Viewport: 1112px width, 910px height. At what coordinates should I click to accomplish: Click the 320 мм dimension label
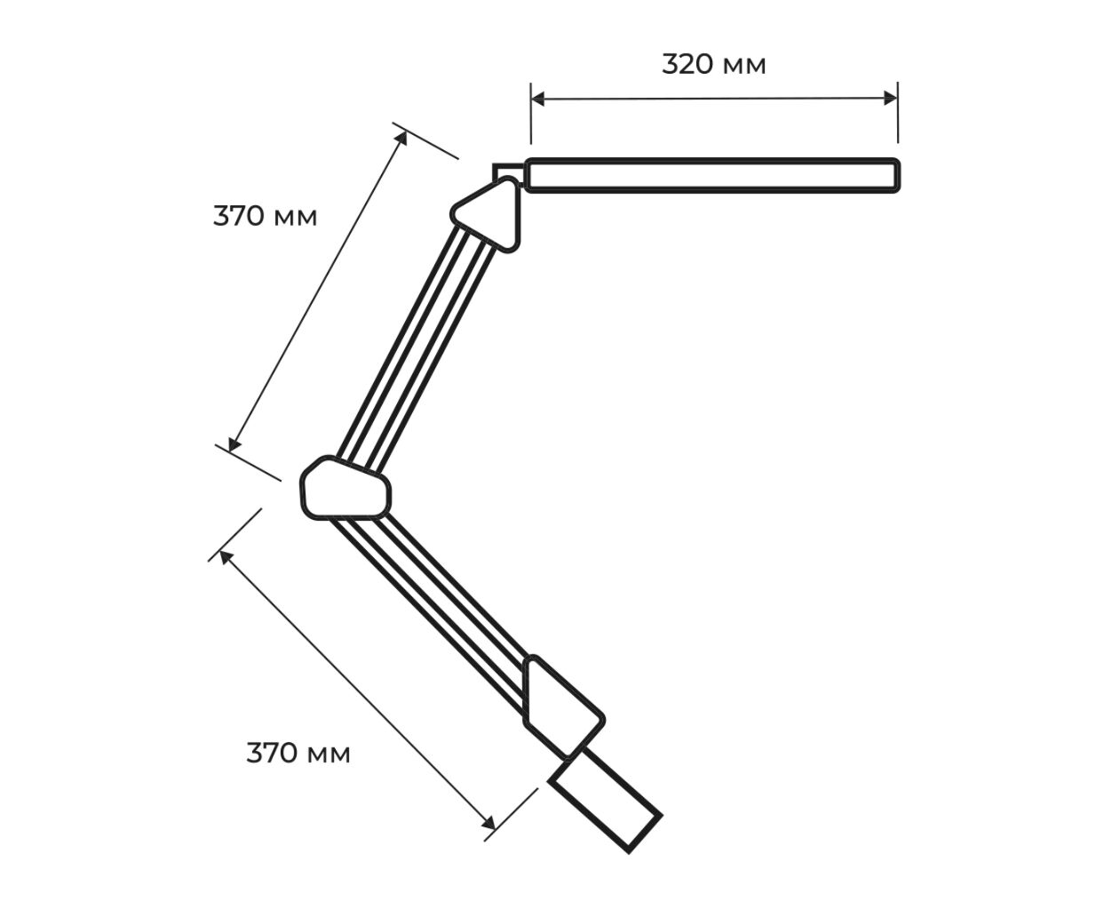[x=713, y=64]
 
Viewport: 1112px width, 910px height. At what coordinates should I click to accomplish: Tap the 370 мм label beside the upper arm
[x=265, y=216]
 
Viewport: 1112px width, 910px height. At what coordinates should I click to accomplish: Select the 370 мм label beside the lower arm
[x=298, y=754]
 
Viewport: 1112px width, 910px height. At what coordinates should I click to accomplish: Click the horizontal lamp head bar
[x=712, y=175]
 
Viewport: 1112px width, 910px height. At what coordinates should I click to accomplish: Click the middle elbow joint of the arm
[x=346, y=489]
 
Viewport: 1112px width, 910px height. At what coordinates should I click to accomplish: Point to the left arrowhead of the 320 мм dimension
[x=538, y=99]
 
